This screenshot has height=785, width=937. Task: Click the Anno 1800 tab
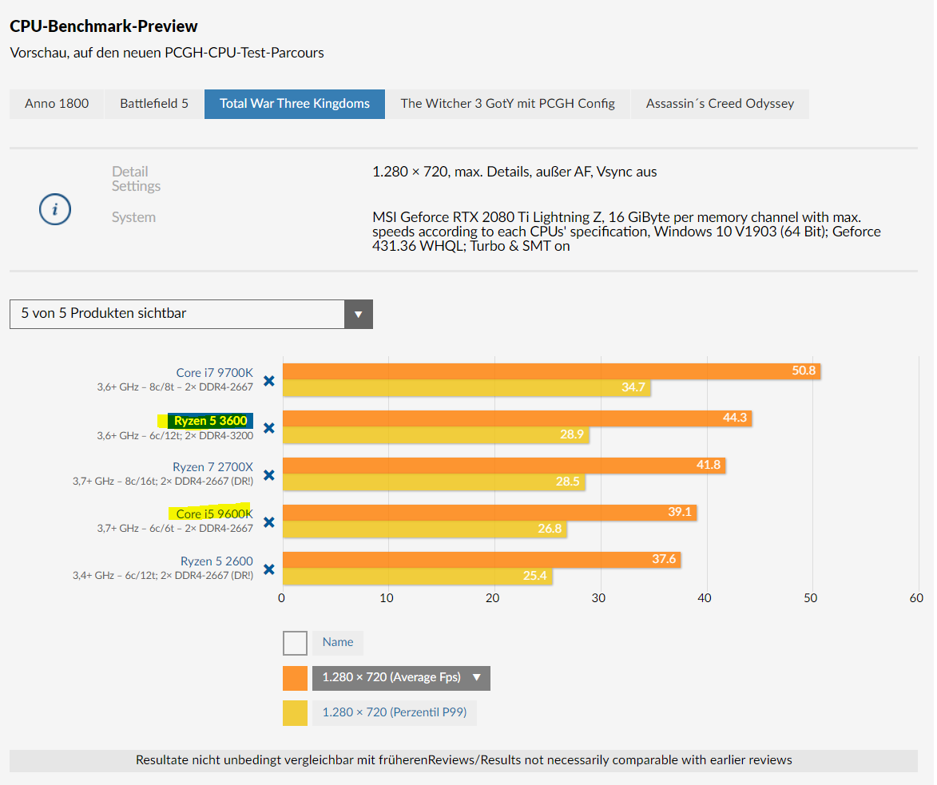point(57,104)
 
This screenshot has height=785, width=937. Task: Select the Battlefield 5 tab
point(154,104)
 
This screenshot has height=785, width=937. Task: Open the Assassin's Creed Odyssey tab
point(720,104)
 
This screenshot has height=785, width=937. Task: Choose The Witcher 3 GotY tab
point(508,104)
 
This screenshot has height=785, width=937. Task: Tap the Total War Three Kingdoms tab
point(295,104)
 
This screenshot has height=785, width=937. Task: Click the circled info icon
point(55,210)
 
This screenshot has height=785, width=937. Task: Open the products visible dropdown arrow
point(359,314)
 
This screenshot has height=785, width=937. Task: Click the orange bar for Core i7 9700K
point(551,371)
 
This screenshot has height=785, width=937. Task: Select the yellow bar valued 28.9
point(435,435)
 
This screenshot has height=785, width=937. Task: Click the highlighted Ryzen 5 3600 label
point(211,420)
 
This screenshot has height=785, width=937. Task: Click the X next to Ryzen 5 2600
point(269,569)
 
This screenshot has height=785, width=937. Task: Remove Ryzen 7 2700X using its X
point(269,475)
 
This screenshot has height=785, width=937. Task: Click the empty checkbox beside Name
point(295,643)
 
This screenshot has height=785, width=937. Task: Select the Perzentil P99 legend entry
point(395,712)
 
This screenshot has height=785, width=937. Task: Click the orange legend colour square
point(295,678)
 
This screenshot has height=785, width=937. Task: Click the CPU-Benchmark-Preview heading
point(104,26)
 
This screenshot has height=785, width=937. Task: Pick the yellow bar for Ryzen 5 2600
point(417,576)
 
